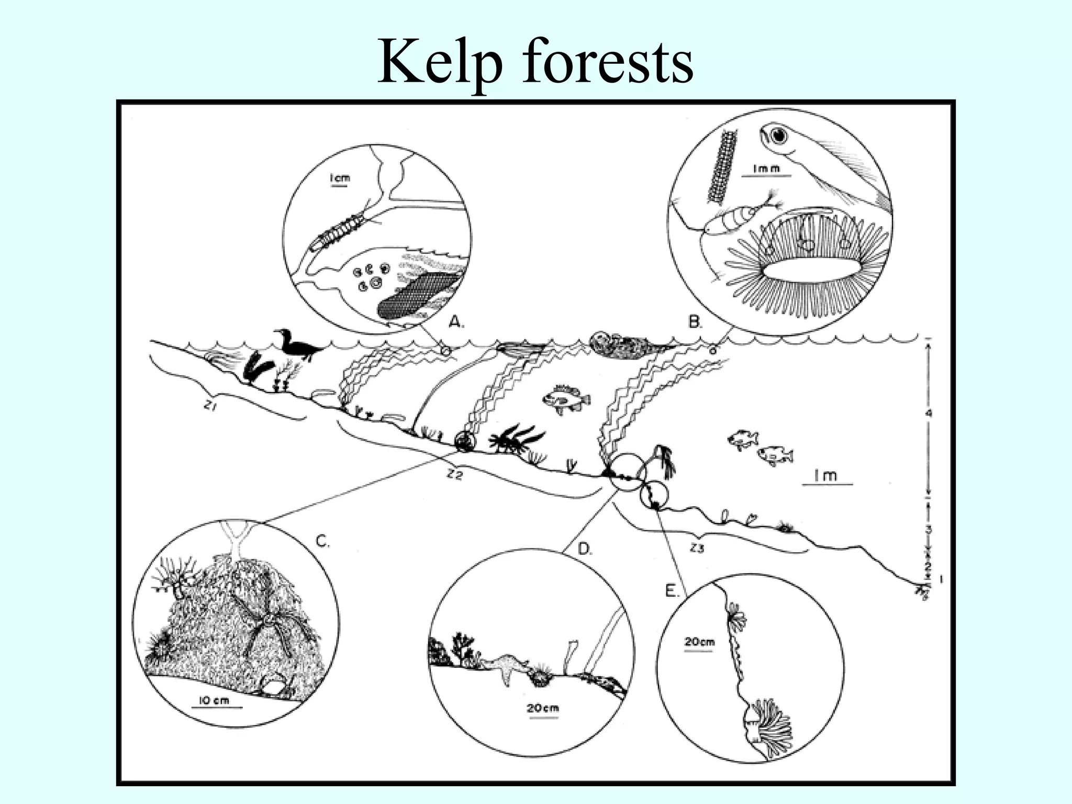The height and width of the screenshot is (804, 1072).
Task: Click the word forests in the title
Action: click(x=608, y=62)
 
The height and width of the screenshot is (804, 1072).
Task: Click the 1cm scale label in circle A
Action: click(x=339, y=179)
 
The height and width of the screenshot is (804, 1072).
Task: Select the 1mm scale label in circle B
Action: click(x=765, y=169)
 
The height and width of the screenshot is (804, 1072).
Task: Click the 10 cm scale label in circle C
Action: click(x=215, y=700)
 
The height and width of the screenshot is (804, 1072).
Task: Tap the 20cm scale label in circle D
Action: click(x=543, y=709)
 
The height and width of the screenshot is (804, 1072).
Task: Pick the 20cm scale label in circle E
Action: click(x=699, y=642)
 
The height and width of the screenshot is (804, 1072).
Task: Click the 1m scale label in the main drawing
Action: click(x=825, y=475)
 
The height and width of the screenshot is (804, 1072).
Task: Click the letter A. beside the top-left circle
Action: click(x=456, y=323)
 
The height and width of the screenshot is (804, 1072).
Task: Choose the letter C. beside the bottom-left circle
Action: click(x=323, y=542)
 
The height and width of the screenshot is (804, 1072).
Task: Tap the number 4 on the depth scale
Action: click(x=929, y=414)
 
